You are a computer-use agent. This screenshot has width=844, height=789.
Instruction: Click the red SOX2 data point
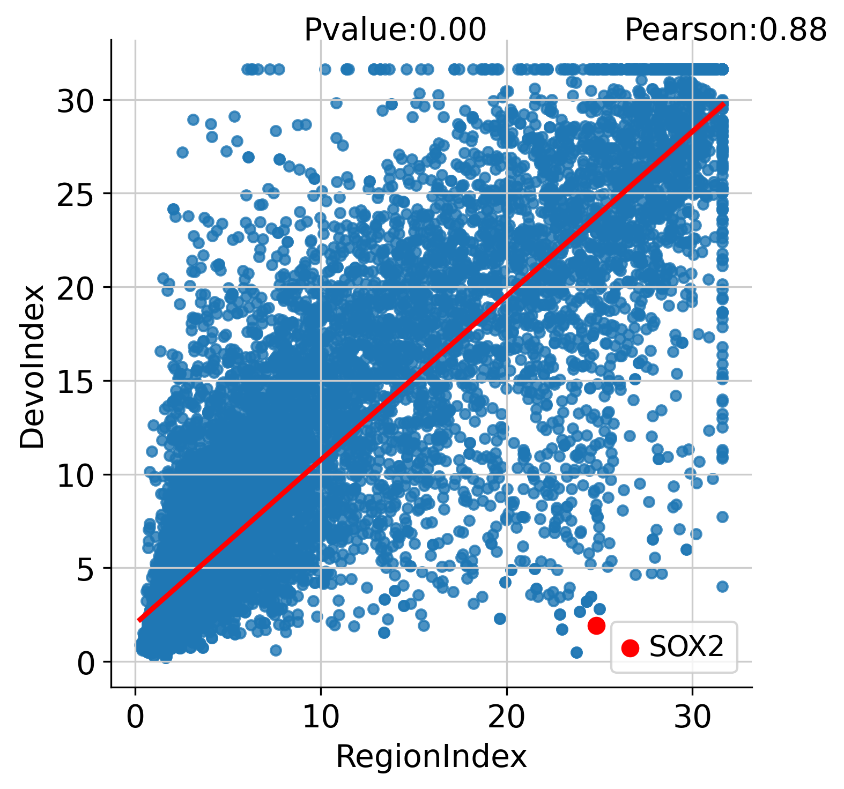point(596,625)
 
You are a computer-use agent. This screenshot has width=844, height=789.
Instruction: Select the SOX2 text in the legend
point(686,647)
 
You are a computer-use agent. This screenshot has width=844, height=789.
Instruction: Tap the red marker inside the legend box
point(630,647)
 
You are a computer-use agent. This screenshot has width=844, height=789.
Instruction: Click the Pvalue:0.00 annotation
point(395,30)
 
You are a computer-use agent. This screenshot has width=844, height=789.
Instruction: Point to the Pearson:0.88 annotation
point(725,30)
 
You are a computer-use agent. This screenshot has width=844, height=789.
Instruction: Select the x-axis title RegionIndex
point(431,757)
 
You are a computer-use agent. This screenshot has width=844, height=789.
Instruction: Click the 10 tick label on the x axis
point(321,717)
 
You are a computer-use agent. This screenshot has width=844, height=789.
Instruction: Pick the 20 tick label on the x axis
point(506,717)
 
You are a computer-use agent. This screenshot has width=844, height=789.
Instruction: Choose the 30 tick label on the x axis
point(692,717)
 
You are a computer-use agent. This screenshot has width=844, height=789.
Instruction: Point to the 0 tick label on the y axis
point(86,662)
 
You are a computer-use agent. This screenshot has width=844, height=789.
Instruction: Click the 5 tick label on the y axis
point(86,568)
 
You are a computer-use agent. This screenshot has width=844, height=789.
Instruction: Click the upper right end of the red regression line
point(723,104)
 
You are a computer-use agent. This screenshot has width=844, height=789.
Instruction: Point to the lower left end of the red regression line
point(139,620)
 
